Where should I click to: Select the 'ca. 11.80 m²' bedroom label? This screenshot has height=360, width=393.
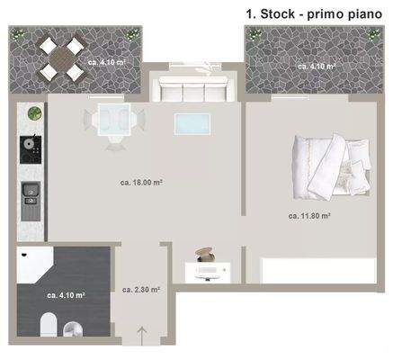[309, 216]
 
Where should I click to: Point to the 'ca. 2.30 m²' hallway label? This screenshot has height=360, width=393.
[141, 290]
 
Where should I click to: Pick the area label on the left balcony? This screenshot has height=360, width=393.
[106, 62]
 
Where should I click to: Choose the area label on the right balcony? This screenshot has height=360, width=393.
[317, 67]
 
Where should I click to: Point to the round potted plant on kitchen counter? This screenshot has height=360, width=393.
[33, 113]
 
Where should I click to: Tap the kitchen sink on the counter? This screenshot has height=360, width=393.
[31, 193]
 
